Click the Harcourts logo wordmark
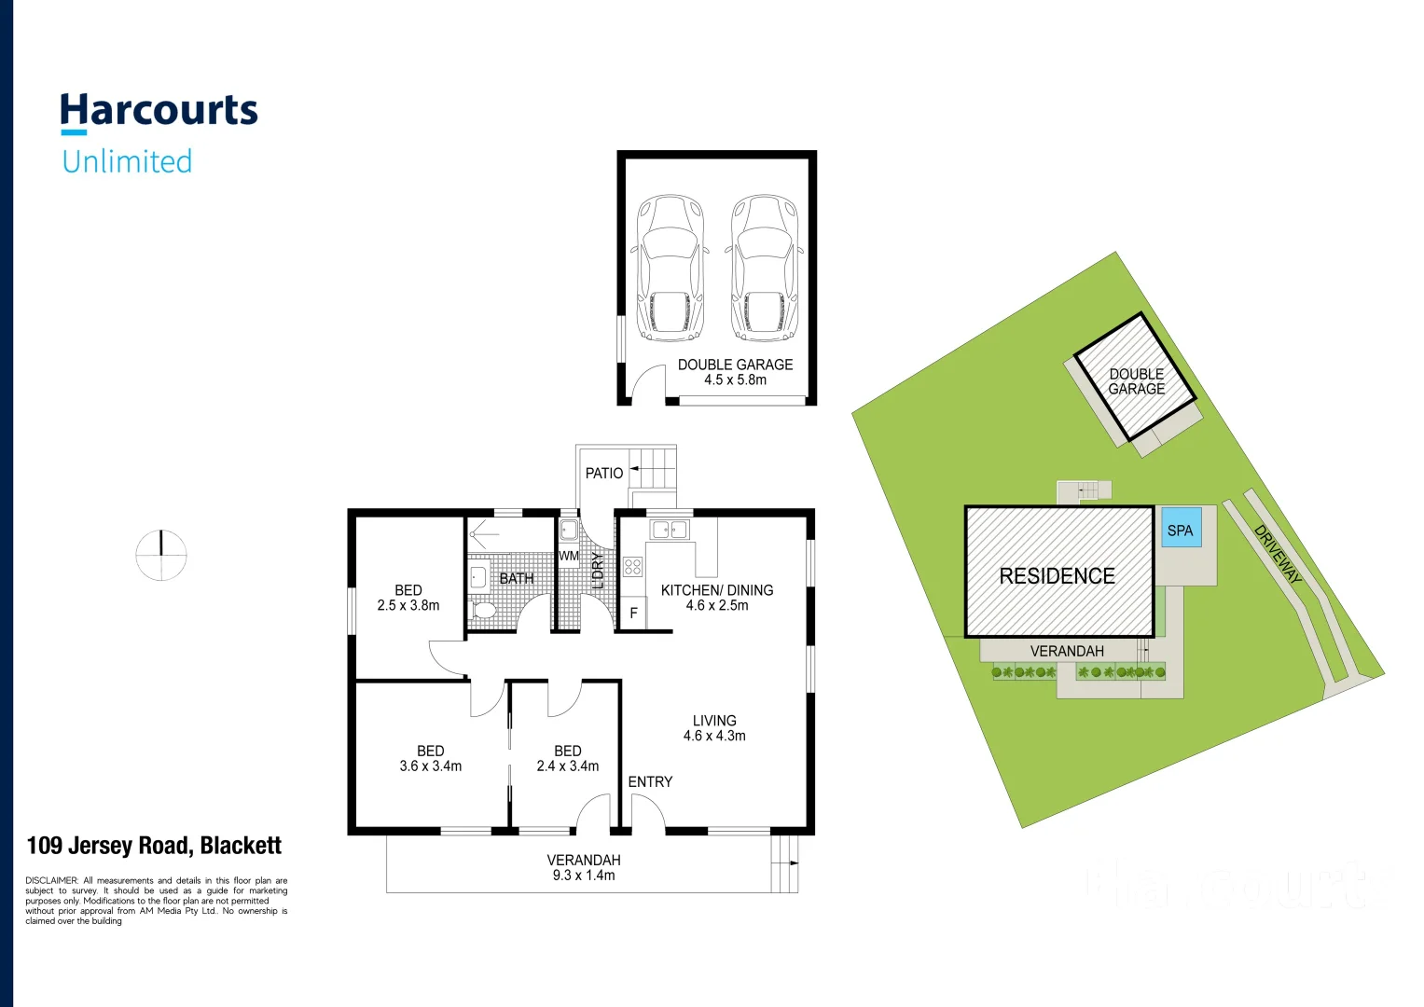(159, 111)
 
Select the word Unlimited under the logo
(127, 161)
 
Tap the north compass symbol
(161, 555)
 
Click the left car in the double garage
(669, 268)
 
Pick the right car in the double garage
(764, 268)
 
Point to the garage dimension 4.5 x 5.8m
(735, 380)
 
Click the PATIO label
(603, 474)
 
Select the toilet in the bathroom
(483, 611)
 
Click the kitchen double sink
(669, 530)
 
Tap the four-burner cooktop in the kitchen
(633, 566)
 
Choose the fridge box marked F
(633, 614)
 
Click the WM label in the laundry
(569, 557)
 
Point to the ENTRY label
(650, 782)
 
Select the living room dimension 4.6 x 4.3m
(714, 737)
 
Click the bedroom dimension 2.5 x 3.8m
(408, 606)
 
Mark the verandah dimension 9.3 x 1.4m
(584, 876)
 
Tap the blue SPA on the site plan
(1180, 530)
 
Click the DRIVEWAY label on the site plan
(1279, 555)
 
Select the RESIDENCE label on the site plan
(1057, 576)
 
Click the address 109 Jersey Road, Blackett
(154, 846)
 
